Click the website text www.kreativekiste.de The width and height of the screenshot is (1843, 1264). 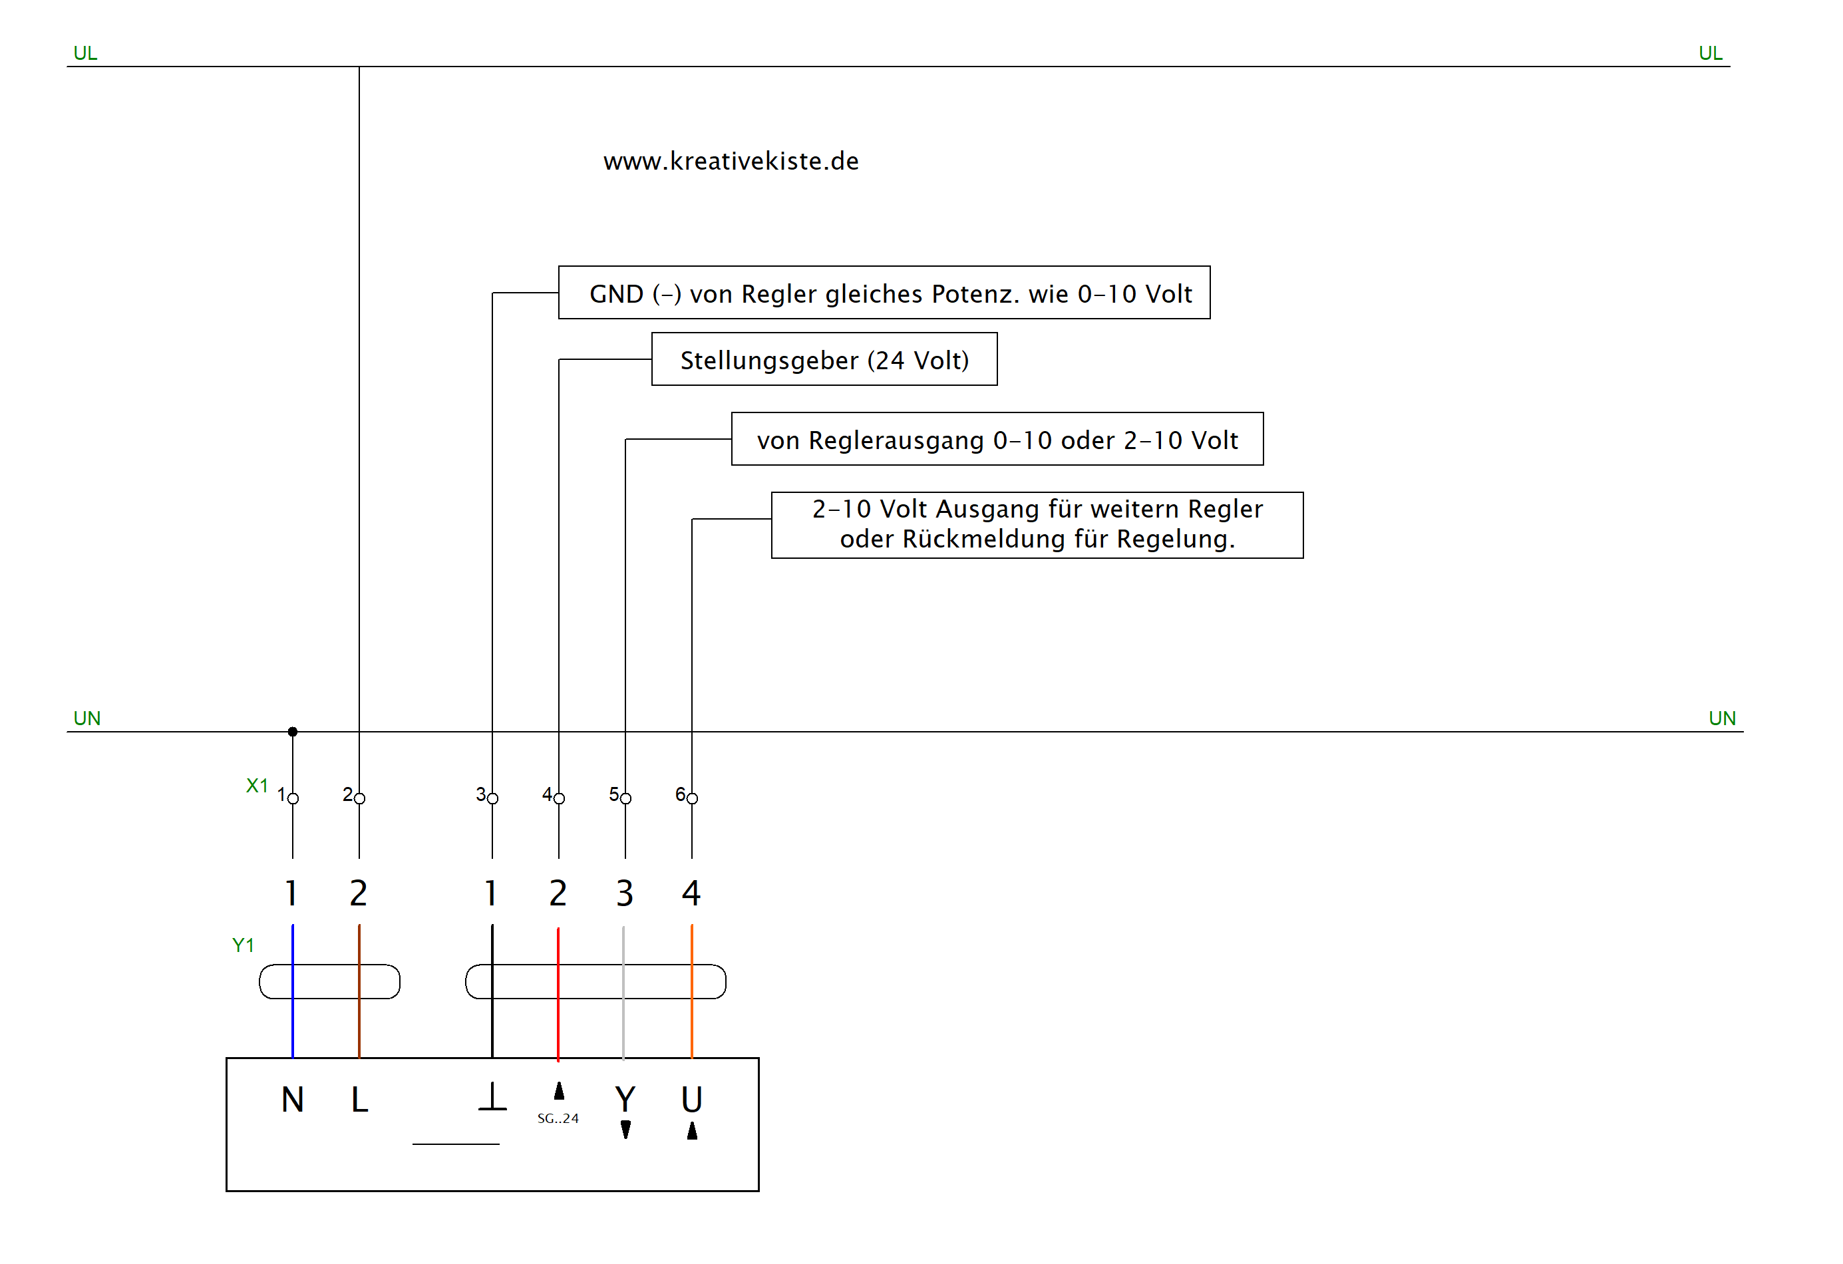click(731, 161)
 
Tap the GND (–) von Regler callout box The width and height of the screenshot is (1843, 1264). click(884, 293)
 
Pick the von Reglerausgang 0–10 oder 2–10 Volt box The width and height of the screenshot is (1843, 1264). click(997, 438)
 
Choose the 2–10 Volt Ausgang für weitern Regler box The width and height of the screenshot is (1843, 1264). click(1037, 524)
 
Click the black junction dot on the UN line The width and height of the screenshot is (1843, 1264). click(293, 731)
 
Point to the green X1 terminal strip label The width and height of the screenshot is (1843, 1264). click(257, 785)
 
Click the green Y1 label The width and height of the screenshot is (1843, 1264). click(243, 945)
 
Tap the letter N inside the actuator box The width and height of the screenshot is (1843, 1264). click(293, 1099)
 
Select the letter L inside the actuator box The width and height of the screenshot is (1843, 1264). click(359, 1099)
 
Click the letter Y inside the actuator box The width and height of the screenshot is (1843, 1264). click(625, 1099)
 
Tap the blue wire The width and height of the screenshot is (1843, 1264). click(293, 1023)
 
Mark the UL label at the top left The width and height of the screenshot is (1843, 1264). click(85, 53)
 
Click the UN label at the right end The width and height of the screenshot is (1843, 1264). click(1722, 718)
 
